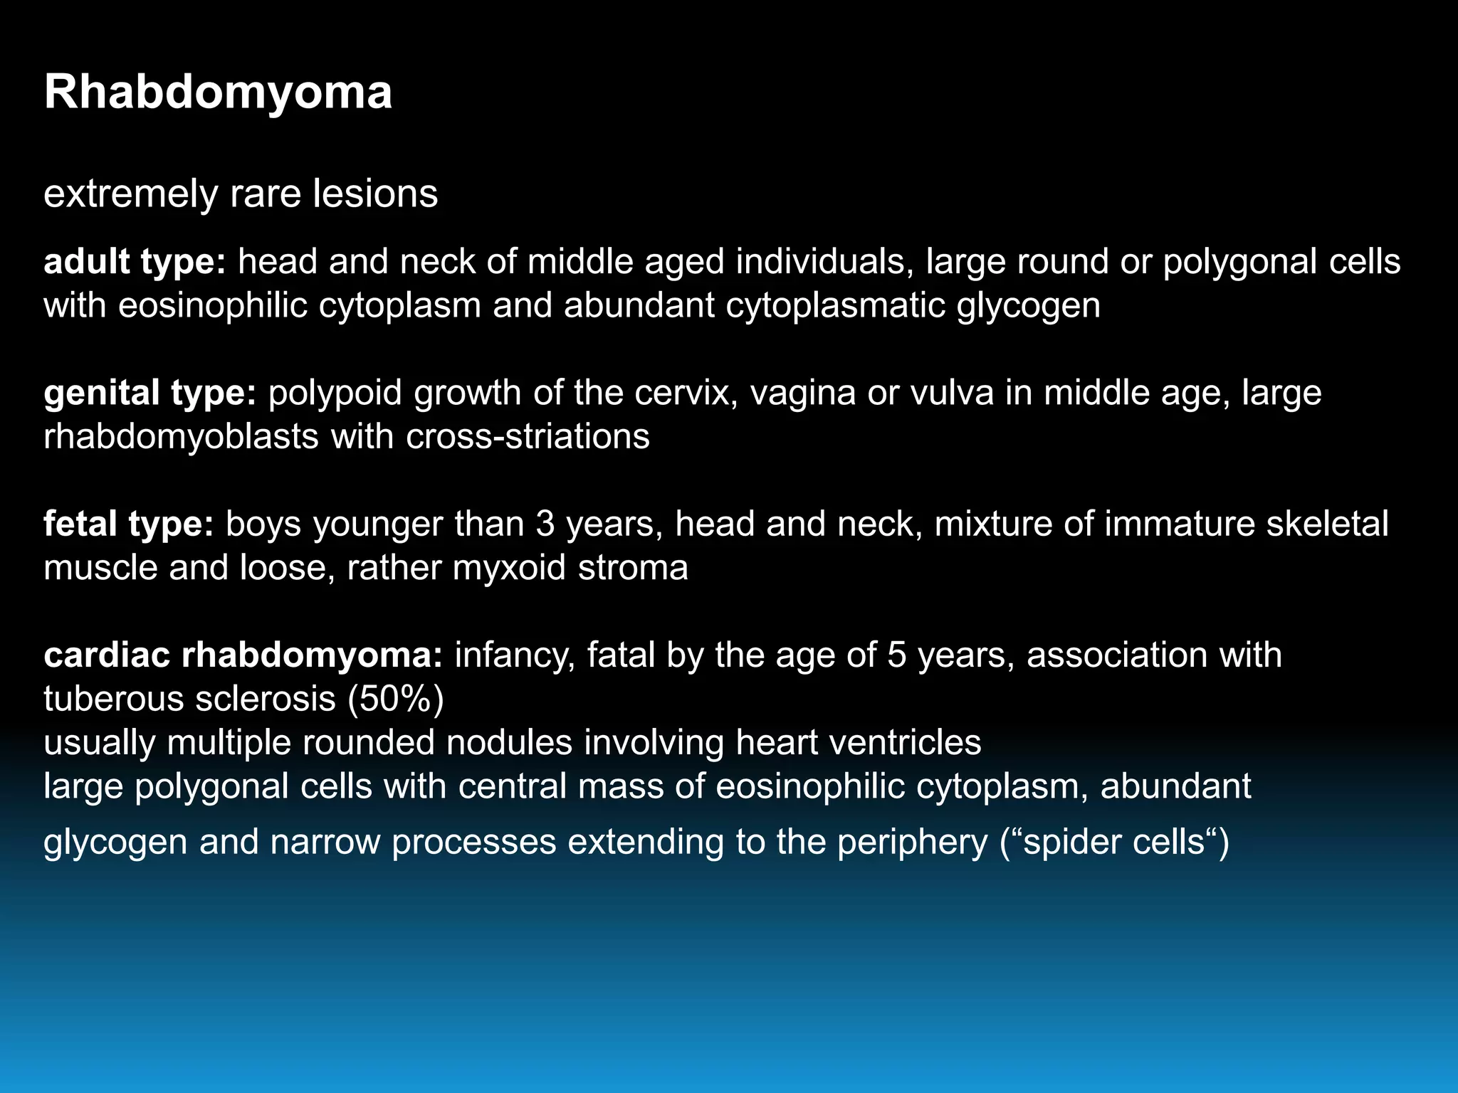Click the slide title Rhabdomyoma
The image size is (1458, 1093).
218,93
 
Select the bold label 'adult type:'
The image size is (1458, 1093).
135,262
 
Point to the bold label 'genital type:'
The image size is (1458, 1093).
150,393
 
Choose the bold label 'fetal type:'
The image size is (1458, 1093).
128,524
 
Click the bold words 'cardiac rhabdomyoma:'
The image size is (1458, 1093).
243,655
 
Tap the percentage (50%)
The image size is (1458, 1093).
396,699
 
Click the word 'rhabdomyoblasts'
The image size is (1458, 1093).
181,436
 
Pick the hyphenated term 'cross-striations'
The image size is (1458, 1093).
528,436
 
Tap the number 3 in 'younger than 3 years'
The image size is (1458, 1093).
545,524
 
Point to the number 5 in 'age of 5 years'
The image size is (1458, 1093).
896,655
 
